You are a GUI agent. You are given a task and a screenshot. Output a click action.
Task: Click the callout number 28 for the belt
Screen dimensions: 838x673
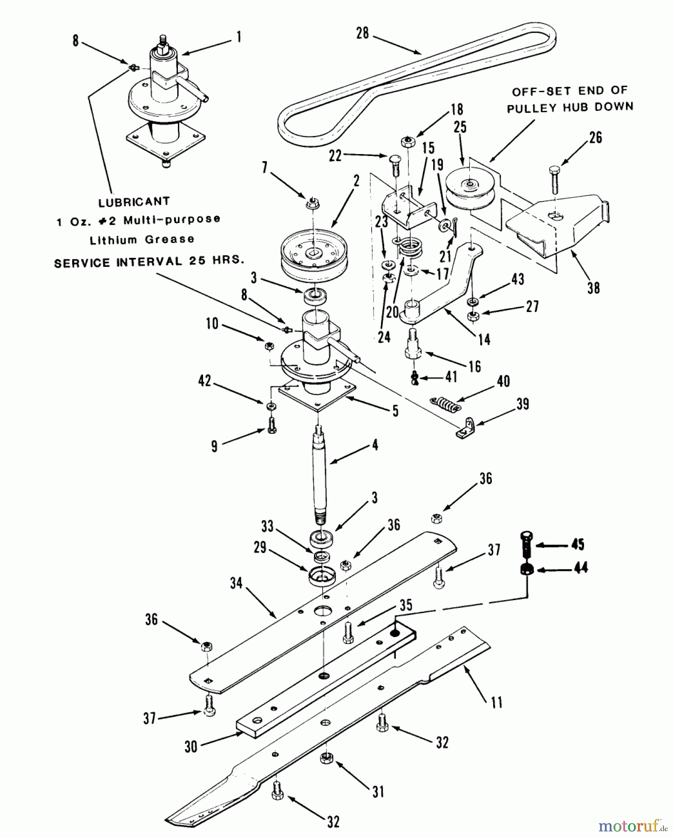pos(362,33)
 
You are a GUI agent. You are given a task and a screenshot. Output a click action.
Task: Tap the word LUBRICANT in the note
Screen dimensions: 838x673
pos(134,202)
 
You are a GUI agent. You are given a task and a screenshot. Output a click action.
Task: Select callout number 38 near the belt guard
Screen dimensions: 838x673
pos(593,288)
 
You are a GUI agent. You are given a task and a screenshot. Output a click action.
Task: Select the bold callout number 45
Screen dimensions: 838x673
pos(578,544)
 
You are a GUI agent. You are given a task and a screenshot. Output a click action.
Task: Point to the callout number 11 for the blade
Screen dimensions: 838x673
pos(497,702)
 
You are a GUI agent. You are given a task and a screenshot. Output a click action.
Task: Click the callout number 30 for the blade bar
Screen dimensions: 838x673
pos(191,746)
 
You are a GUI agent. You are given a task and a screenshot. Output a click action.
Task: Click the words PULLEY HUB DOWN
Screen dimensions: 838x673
pos(570,107)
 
